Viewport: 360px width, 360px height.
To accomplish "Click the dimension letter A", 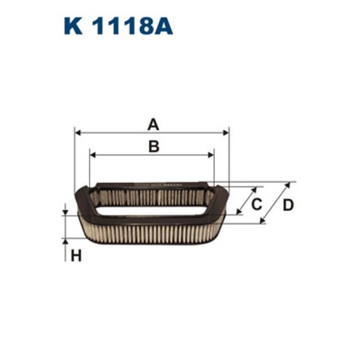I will click(x=153, y=125).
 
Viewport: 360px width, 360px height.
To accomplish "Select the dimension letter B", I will click(x=153, y=146).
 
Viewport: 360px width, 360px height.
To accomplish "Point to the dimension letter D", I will click(x=288, y=205).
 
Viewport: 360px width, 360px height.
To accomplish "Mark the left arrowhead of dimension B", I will click(x=93, y=153).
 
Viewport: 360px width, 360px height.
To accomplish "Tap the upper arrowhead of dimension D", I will click(x=287, y=185).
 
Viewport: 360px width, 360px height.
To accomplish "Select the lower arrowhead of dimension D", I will click(x=262, y=221).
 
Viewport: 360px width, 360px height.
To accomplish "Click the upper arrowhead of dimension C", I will click(x=259, y=190).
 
